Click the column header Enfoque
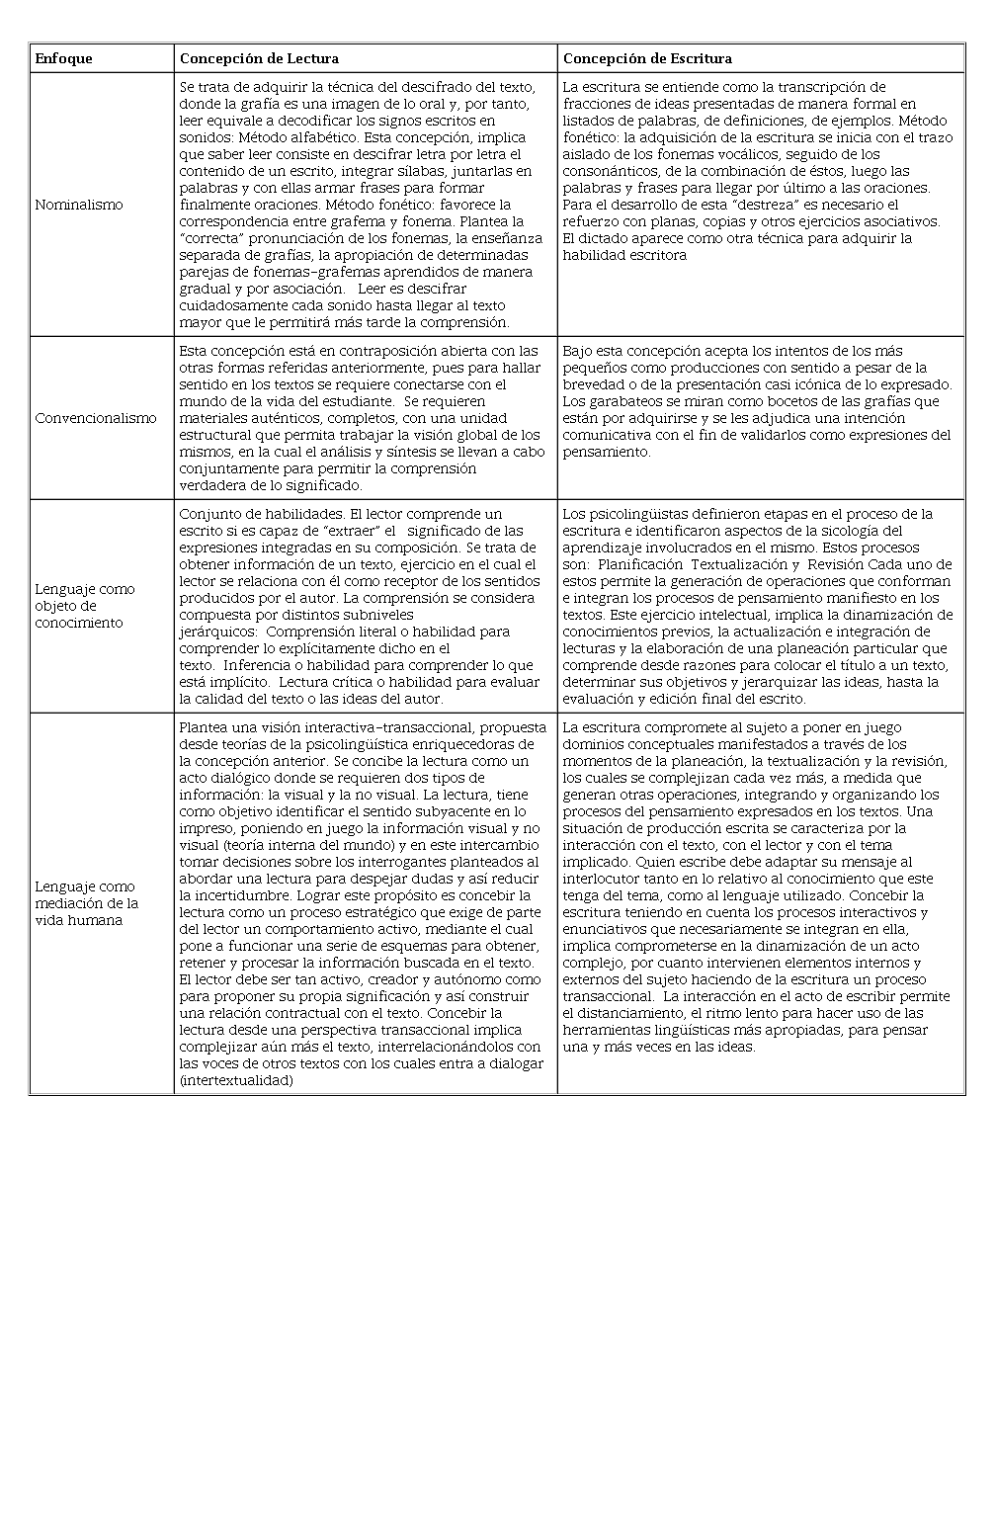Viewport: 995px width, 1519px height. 63,58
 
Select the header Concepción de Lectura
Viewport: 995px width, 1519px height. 259,58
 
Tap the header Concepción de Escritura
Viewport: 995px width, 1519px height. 647,58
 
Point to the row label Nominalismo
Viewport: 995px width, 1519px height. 79,205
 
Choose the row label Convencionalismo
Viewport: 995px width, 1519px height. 96,418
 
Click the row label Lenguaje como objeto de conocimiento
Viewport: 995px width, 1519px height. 84,606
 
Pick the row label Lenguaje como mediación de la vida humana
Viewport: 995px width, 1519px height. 86,903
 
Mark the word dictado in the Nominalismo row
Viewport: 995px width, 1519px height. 602,238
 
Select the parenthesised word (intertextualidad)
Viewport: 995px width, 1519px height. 236,1080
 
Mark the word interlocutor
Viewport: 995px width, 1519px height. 602,879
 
